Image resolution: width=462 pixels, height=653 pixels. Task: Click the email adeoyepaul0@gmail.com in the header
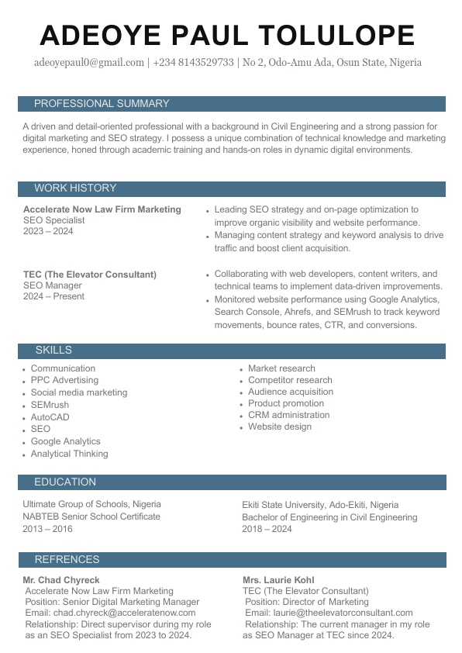click(x=89, y=63)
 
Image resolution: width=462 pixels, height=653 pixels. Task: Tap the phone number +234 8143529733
click(x=193, y=63)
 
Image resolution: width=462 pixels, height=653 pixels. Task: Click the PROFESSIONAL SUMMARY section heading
click(x=102, y=104)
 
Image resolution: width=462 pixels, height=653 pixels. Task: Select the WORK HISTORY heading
click(x=75, y=188)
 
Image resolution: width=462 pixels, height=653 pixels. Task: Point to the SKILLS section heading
click(x=53, y=351)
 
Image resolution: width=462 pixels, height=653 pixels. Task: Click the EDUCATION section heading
click(x=65, y=482)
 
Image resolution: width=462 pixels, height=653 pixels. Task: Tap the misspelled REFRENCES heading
click(x=67, y=560)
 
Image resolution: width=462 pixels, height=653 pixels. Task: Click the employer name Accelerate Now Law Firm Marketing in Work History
click(x=102, y=209)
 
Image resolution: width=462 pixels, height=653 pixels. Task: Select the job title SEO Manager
click(x=52, y=285)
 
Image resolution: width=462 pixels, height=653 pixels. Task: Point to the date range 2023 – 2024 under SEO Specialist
click(x=48, y=231)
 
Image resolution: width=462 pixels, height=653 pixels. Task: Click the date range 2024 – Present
click(x=53, y=296)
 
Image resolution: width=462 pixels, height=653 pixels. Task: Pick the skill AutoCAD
click(x=50, y=417)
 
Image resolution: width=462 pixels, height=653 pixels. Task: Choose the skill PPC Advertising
click(x=64, y=380)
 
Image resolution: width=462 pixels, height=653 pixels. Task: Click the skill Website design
click(x=280, y=427)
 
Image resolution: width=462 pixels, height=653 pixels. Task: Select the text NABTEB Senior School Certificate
click(x=91, y=517)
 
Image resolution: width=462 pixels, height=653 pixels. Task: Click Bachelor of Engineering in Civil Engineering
click(x=329, y=517)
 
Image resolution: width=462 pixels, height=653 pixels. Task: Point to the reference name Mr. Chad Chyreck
click(x=61, y=580)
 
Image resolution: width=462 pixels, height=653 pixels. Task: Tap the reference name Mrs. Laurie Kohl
click(x=278, y=580)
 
